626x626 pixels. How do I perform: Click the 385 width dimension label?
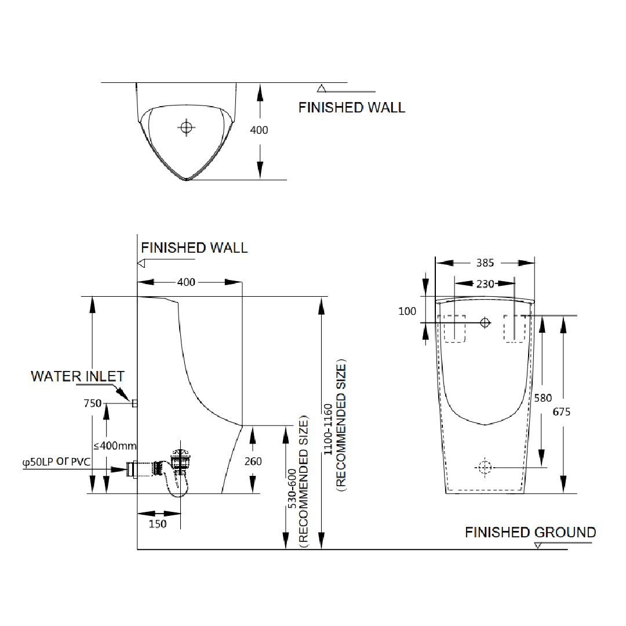point(485,263)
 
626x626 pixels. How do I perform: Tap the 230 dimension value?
point(485,284)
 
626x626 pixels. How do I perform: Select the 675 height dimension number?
point(561,412)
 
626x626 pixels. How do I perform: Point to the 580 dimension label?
point(543,398)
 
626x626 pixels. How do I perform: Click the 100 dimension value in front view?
point(407,311)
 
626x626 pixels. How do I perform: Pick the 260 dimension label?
point(253,461)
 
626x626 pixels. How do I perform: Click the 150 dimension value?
point(158,524)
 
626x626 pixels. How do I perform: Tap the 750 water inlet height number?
point(93,403)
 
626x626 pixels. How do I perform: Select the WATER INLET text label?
point(78,376)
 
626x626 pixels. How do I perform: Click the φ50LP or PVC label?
point(56,462)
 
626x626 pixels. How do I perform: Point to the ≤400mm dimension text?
point(115,445)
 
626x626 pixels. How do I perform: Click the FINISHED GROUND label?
point(530,532)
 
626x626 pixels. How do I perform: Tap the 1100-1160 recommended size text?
point(334,425)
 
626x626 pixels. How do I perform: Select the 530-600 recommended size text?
point(298,482)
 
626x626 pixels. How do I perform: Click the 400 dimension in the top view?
point(259,130)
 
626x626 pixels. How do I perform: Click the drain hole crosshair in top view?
point(186,128)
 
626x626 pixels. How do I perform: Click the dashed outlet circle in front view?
point(485,467)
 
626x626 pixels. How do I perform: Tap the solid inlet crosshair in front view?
point(485,323)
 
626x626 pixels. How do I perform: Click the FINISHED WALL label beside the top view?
point(352,107)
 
